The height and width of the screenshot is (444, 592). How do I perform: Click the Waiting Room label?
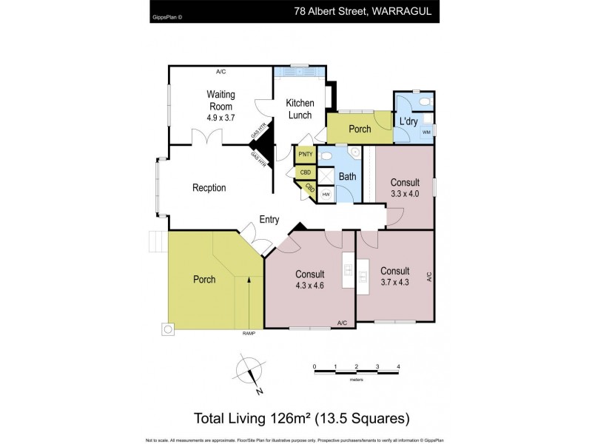point(221,100)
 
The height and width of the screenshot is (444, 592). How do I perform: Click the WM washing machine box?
point(426,132)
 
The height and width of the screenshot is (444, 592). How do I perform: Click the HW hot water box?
point(326,194)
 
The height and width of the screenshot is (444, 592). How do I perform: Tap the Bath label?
point(347,177)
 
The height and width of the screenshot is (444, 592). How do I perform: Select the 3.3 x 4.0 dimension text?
point(405,194)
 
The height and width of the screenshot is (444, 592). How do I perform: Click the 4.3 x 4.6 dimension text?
point(310,286)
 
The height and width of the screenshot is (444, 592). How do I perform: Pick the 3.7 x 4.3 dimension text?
point(394,283)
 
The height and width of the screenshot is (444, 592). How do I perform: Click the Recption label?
point(209,188)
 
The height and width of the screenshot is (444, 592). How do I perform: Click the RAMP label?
point(249,334)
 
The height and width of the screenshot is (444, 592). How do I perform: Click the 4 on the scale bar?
point(399,366)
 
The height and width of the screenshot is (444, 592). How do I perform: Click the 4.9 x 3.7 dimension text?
point(221,117)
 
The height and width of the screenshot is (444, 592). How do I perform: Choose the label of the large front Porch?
point(204,280)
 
